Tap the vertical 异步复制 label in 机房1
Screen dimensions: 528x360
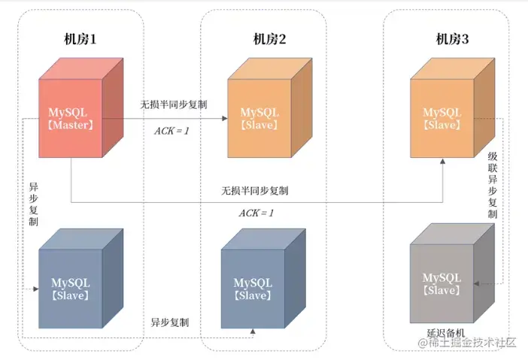click(33, 203)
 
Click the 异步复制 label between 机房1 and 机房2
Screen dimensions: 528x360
click(169, 322)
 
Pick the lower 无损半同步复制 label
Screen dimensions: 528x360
click(254, 191)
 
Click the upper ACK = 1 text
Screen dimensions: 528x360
click(172, 131)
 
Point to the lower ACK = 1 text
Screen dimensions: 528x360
click(256, 213)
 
